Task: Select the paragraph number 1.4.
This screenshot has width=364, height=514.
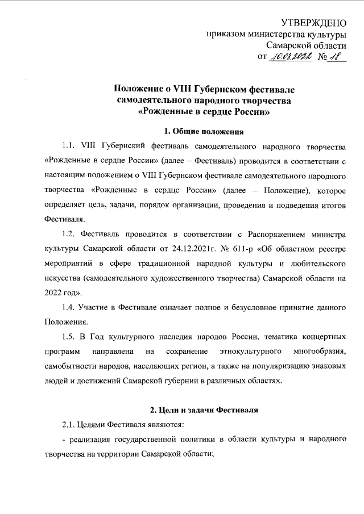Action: (x=69, y=308)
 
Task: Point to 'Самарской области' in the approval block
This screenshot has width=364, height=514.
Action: (x=307, y=45)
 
